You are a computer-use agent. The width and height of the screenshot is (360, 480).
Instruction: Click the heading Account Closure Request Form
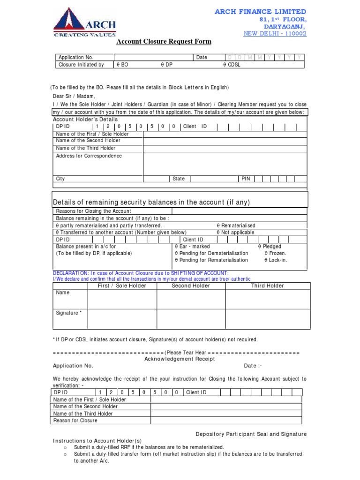pyautogui.click(x=164, y=42)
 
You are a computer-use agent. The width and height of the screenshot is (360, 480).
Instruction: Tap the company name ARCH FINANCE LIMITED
pyautogui.click(x=260, y=11)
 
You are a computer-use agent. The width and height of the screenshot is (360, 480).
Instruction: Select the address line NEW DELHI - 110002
pyautogui.click(x=275, y=34)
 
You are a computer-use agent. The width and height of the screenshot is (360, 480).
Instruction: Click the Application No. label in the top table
pyautogui.click(x=76, y=57)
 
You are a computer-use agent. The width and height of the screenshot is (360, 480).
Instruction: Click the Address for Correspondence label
pyautogui.click(x=89, y=156)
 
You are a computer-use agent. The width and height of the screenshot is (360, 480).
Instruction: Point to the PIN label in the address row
pyautogui.click(x=246, y=179)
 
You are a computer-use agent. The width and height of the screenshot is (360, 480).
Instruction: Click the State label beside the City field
pyautogui.click(x=179, y=179)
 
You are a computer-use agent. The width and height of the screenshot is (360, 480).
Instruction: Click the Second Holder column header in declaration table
pyautogui.click(x=191, y=285)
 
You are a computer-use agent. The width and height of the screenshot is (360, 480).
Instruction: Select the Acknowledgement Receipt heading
pyautogui.click(x=180, y=359)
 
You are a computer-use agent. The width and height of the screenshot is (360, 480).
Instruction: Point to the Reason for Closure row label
pyautogui.click(x=75, y=420)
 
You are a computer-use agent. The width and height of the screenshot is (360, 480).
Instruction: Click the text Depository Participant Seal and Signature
pyautogui.click(x=251, y=434)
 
